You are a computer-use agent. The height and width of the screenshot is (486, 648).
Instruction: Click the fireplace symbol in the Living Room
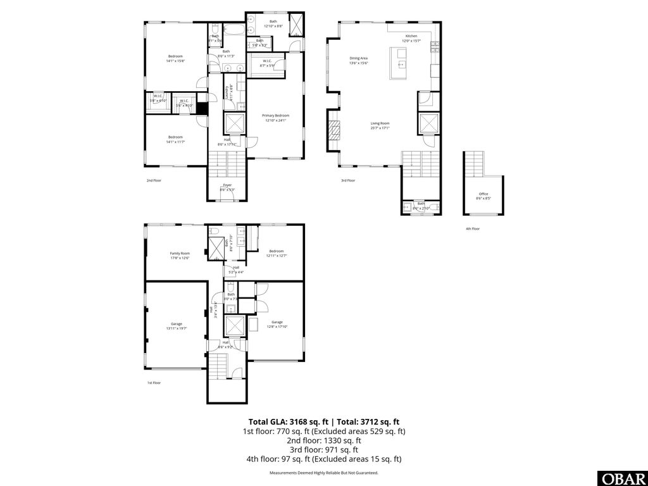click(x=333, y=130)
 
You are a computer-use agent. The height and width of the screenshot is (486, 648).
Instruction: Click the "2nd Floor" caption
click(x=154, y=180)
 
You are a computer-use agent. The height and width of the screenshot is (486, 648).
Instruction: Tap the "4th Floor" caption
click(x=473, y=228)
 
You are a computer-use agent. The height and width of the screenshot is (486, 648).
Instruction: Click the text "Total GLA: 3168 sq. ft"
click(x=285, y=421)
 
